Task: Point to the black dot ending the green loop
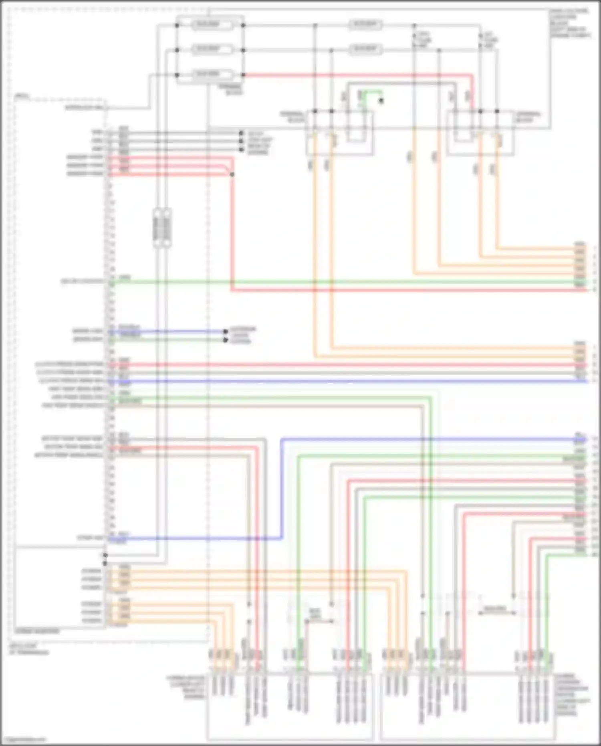[x=381, y=101]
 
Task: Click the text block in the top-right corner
[x=569, y=23]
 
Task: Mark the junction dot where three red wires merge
[x=232, y=174]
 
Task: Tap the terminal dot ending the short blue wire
[x=226, y=332]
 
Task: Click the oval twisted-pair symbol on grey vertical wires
[x=162, y=228]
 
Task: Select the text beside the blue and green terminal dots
[x=242, y=335]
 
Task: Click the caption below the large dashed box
[x=28, y=649]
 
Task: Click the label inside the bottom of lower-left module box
[x=37, y=631]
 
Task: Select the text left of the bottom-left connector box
[x=187, y=686]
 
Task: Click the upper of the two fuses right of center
[x=365, y=25]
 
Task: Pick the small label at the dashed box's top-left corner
[x=22, y=96]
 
